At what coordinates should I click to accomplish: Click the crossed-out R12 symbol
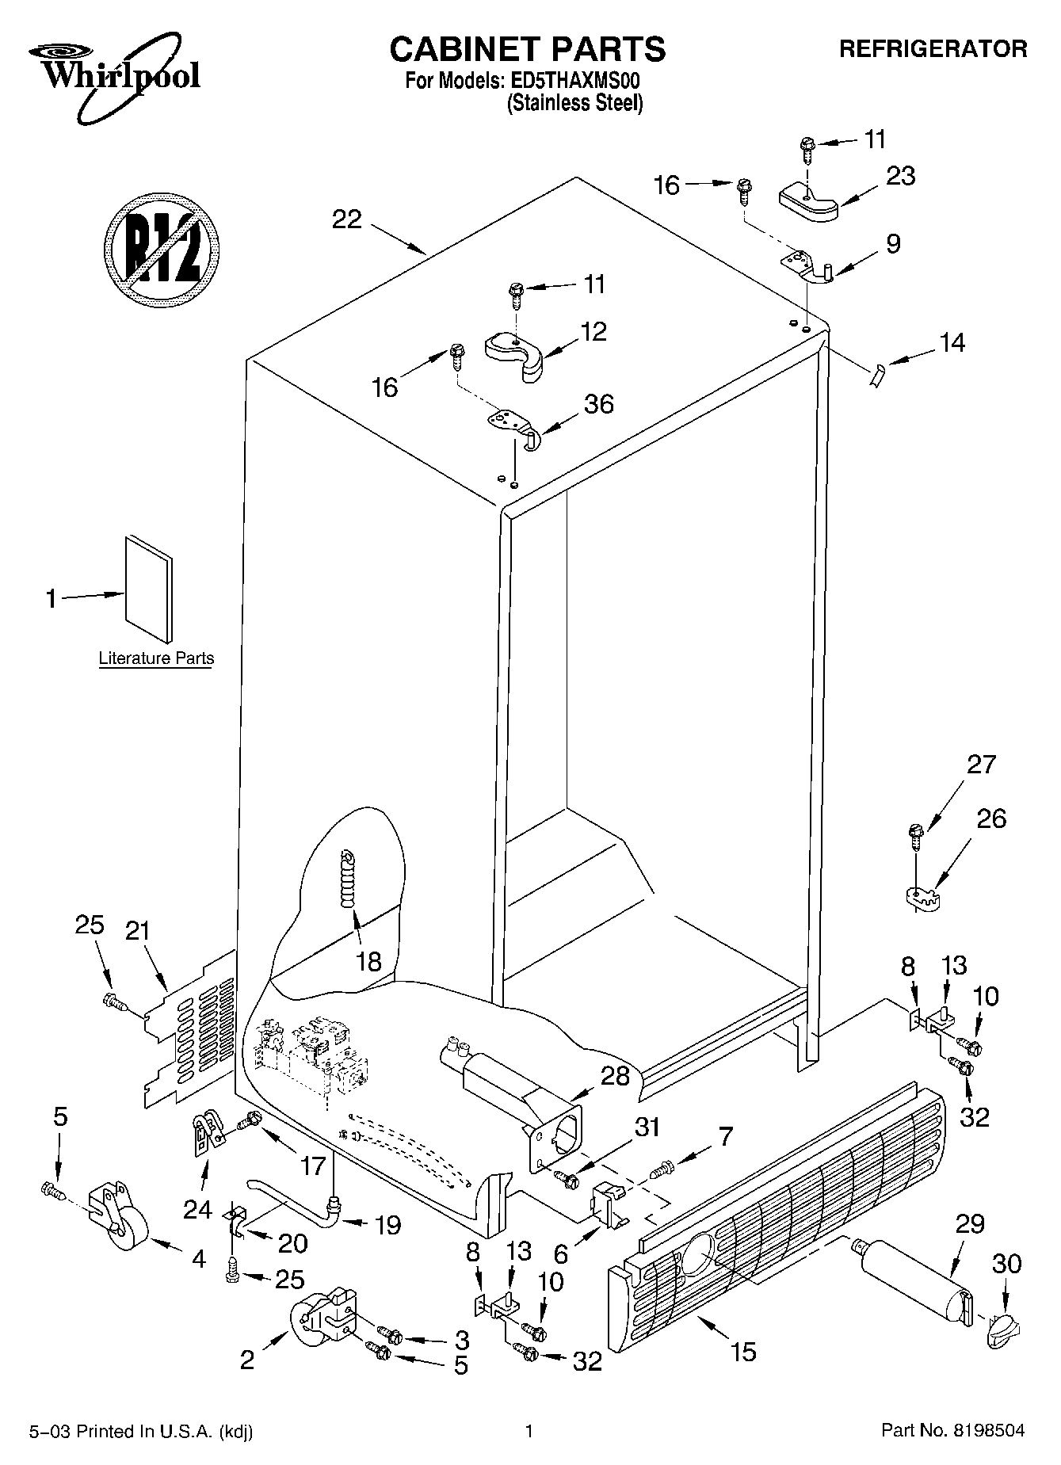[x=162, y=248]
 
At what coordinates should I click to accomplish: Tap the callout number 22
[x=346, y=219]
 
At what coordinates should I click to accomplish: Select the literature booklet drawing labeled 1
[x=149, y=587]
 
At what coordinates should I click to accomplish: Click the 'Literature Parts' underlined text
[x=156, y=658]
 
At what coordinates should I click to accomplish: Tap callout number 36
[x=598, y=404]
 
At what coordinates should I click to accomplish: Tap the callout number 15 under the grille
[x=744, y=1351]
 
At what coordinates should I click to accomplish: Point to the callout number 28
[x=615, y=1075]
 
